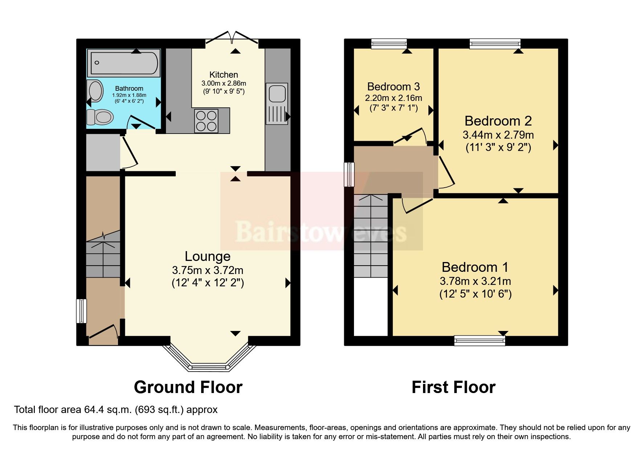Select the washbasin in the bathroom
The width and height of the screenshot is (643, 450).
(x=95, y=90)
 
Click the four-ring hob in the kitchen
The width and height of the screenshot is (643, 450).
(x=206, y=121)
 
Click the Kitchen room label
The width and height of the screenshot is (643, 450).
(x=224, y=75)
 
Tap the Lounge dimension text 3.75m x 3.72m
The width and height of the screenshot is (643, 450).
(x=207, y=270)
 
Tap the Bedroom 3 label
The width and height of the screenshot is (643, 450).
(x=393, y=87)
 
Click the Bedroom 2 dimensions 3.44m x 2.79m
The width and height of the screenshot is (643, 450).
(x=498, y=135)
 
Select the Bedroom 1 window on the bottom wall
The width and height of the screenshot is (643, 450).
(x=480, y=340)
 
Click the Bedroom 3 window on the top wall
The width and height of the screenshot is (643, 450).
(x=389, y=44)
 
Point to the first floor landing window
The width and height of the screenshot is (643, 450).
(x=349, y=174)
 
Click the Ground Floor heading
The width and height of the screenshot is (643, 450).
(x=188, y=387)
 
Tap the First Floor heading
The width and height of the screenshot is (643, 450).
(x=453, y=387)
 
